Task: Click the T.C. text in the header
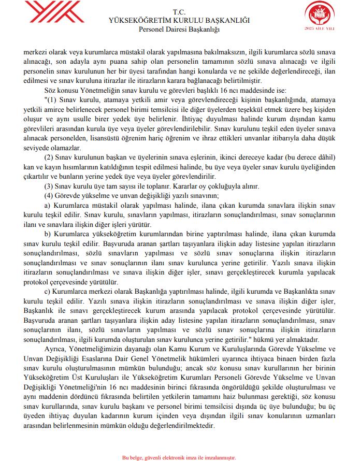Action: (x=180, y=11)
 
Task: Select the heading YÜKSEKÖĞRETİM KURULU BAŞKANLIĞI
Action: (x=180, y=20)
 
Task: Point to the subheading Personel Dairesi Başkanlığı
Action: (x=180, y=29)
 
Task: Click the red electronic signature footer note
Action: (x=179, y=457)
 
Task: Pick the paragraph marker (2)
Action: (x=51, y=157)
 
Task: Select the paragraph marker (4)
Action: (x=51, y=195)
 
